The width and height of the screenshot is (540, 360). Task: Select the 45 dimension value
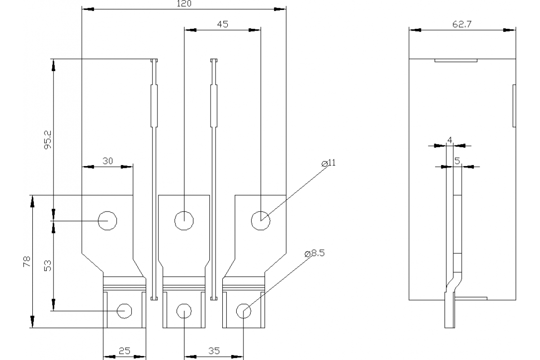(222, 25)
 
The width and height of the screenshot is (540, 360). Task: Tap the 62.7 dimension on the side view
(462, 25)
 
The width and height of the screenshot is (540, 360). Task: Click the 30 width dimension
(108, 161)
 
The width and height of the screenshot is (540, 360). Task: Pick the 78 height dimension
(27, 262)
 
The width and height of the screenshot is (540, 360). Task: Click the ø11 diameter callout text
(329, 163)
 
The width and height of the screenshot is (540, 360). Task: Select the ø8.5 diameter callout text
(315, 253)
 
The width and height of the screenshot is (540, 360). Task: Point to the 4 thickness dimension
(450, 140)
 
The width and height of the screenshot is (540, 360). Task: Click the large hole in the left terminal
(108, 220)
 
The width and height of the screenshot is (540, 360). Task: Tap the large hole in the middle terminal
(184, 220)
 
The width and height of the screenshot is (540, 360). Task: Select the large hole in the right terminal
(260, 220)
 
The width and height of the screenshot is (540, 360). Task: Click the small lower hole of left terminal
(124, 310)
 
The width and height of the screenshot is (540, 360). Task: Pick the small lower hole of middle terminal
(184, 310)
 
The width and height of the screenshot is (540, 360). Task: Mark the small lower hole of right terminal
(243, 310)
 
